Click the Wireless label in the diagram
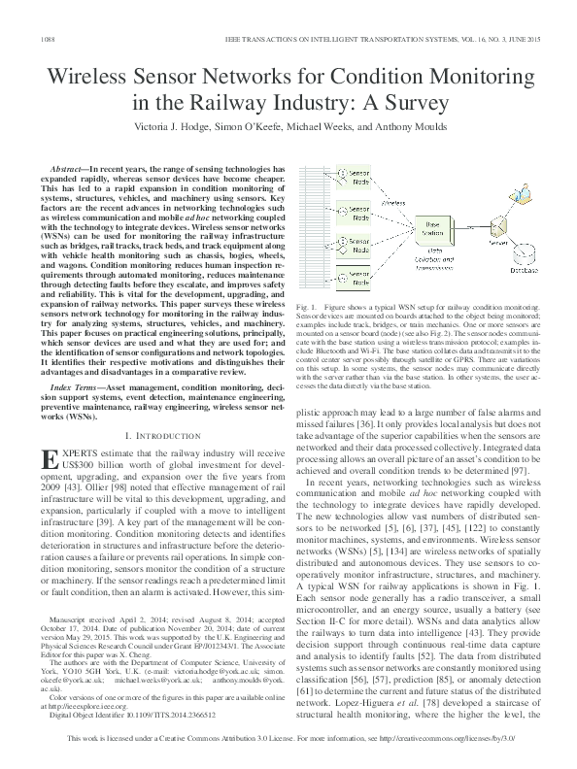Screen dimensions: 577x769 pos(396,203)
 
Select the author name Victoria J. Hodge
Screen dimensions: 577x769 pos(181,127)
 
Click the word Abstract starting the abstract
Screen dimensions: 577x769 pos(73,169)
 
